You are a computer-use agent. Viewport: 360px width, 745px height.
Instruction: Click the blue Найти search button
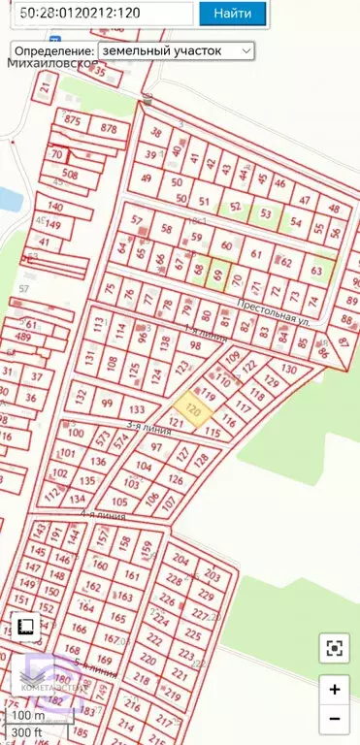pos(233,14)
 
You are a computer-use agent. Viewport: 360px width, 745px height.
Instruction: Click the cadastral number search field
pos(97,14)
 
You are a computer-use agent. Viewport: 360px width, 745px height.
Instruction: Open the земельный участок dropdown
pos(176,49)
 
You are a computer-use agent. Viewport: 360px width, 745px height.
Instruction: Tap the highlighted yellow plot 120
pos(192,409)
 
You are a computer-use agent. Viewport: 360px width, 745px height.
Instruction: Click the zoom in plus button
pos(334,690)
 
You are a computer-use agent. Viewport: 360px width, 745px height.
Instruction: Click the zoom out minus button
pos(334,719)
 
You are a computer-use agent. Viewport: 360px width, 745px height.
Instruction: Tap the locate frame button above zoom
pos(334,648)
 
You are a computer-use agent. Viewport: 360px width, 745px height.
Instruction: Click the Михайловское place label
pos(52,64)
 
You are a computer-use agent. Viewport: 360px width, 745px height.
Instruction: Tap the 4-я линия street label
pos(103,515)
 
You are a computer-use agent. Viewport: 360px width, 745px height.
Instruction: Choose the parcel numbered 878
pos(109,128)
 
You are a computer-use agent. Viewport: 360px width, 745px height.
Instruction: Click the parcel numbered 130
pos(287,370)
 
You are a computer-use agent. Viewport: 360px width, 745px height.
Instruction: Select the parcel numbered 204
pos(180,558)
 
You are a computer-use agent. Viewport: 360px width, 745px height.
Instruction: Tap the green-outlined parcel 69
pos(217,274)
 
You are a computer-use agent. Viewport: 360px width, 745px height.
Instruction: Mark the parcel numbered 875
pos(72,120)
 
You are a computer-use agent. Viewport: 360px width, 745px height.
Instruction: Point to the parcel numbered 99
pos(108,404)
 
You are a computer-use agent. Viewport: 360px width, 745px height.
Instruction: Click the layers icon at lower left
pos(26,626)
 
